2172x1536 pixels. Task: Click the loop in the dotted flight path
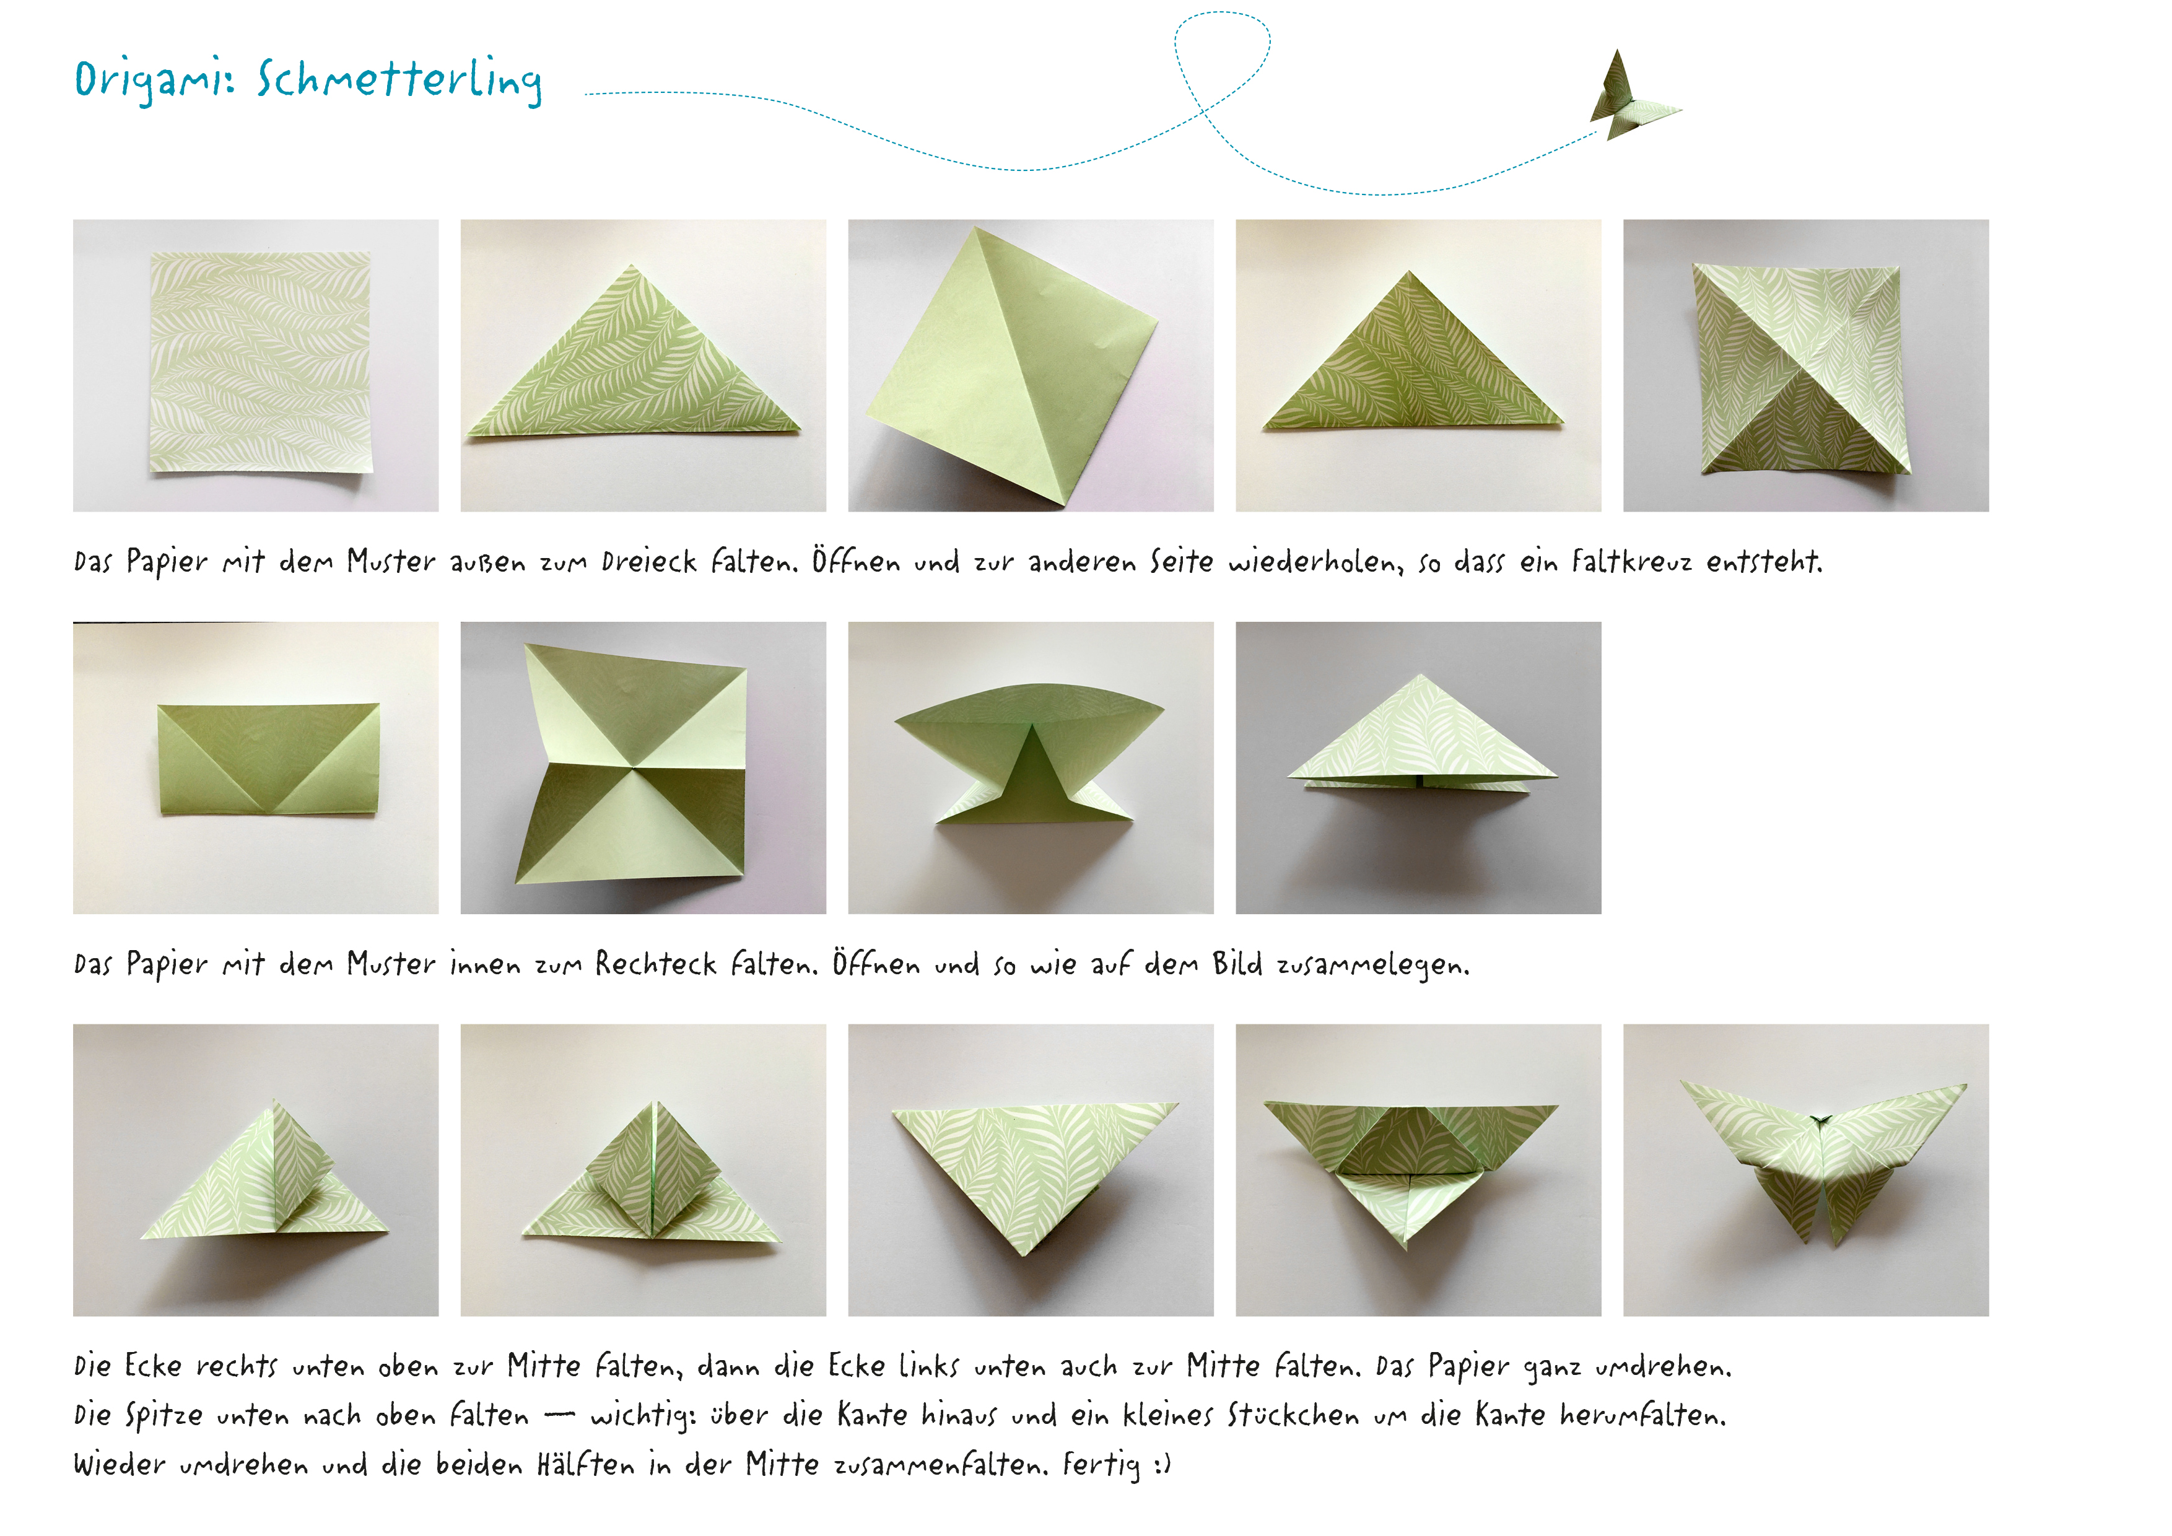pos(1222,57)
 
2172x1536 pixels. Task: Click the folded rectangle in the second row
pos(269,759)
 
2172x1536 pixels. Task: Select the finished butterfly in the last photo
pos(1821,1159)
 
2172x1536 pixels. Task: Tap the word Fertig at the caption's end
pos(1100,1465)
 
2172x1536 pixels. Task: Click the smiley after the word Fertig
pos(1162,1465)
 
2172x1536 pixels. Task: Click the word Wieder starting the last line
pos(118,1464)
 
